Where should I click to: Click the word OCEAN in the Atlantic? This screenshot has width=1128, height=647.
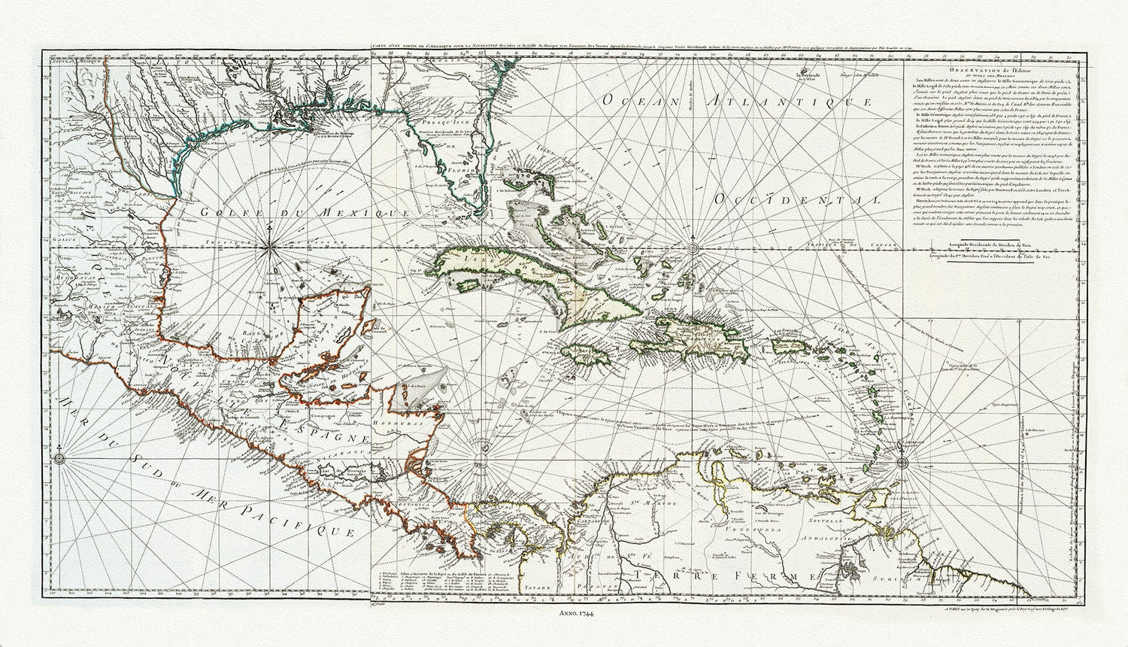click(629, 103)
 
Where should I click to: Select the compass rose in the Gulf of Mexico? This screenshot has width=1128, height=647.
click(271, 246)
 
